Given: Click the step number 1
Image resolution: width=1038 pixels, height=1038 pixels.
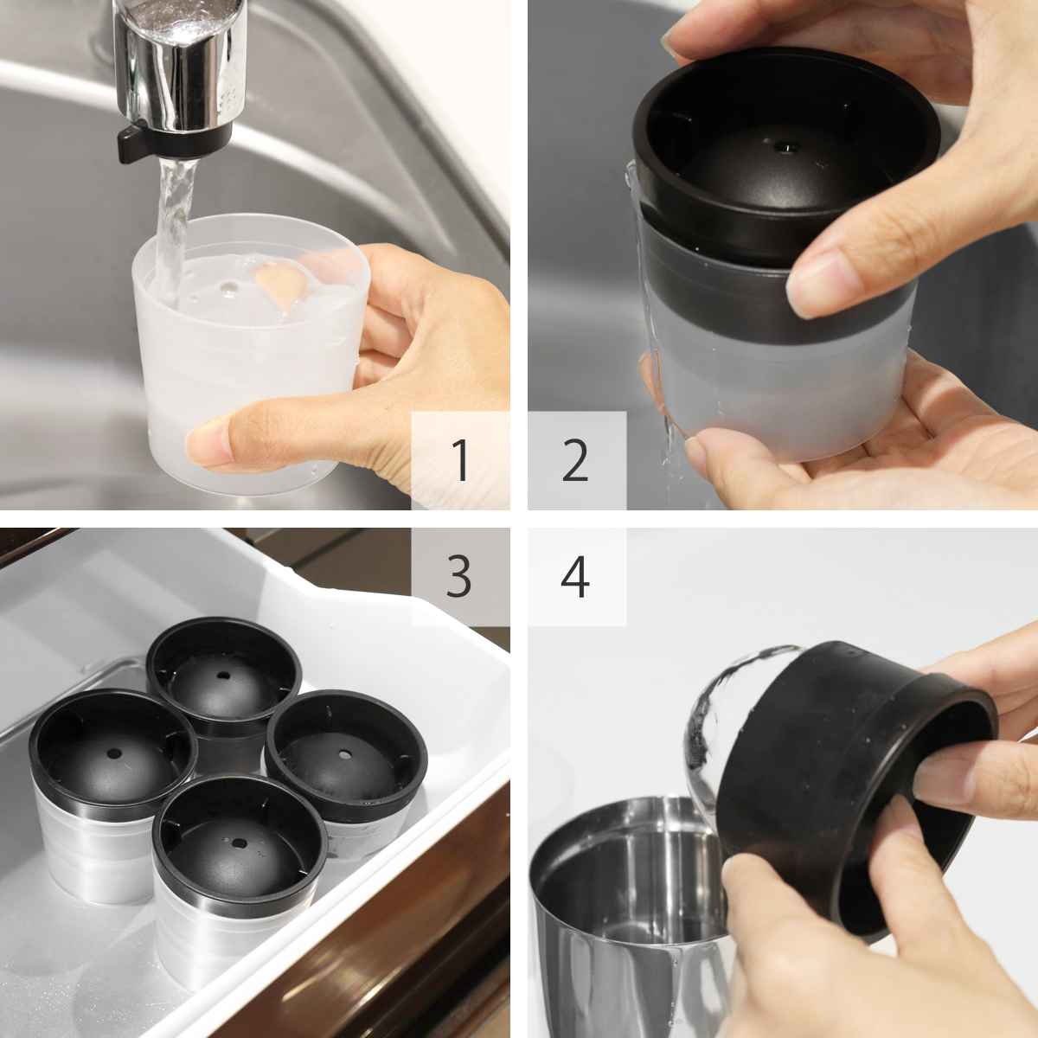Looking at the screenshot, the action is [x=460, y=459].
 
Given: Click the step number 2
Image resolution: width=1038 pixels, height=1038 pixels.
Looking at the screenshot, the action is [x=574, y=459].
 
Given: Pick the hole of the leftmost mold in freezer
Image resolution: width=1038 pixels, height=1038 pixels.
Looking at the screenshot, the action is [x=113, y=753].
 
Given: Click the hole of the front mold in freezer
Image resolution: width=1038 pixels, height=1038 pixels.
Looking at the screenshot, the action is [x=239, y=843].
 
